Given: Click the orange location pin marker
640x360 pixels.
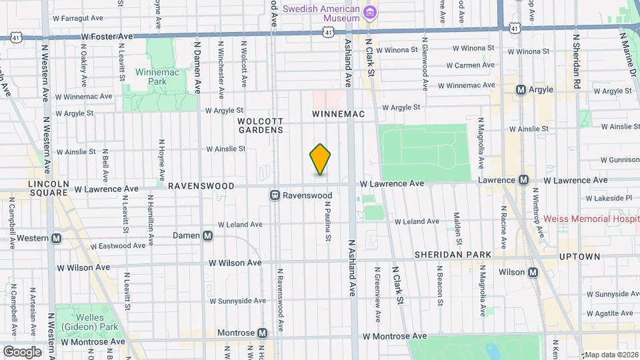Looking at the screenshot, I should tap(321, 159).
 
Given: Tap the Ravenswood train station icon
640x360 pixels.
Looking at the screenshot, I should tap(274, 195).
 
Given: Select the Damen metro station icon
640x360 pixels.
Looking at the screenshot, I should tap(208, 235).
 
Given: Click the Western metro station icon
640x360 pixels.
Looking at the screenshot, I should tap(57, 238).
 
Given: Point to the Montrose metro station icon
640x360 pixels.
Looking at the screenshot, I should tap(263, 333).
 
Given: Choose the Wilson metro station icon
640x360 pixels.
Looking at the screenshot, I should tap(533, 272).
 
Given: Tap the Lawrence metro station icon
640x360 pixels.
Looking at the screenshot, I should tap(524, 180).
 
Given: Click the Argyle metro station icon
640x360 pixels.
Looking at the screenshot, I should tap(521, 89).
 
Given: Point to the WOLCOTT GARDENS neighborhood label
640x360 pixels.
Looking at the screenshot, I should tap(261, 125).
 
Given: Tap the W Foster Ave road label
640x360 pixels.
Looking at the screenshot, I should tap(107, 37).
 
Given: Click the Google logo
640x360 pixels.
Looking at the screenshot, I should tap(22, 351).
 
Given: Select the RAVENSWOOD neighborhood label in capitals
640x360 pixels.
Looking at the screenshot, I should tap(201, 186).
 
